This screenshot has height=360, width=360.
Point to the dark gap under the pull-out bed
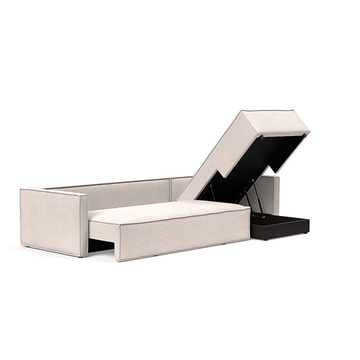click(100, 246)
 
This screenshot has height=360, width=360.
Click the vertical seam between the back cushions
click(169, 190)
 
